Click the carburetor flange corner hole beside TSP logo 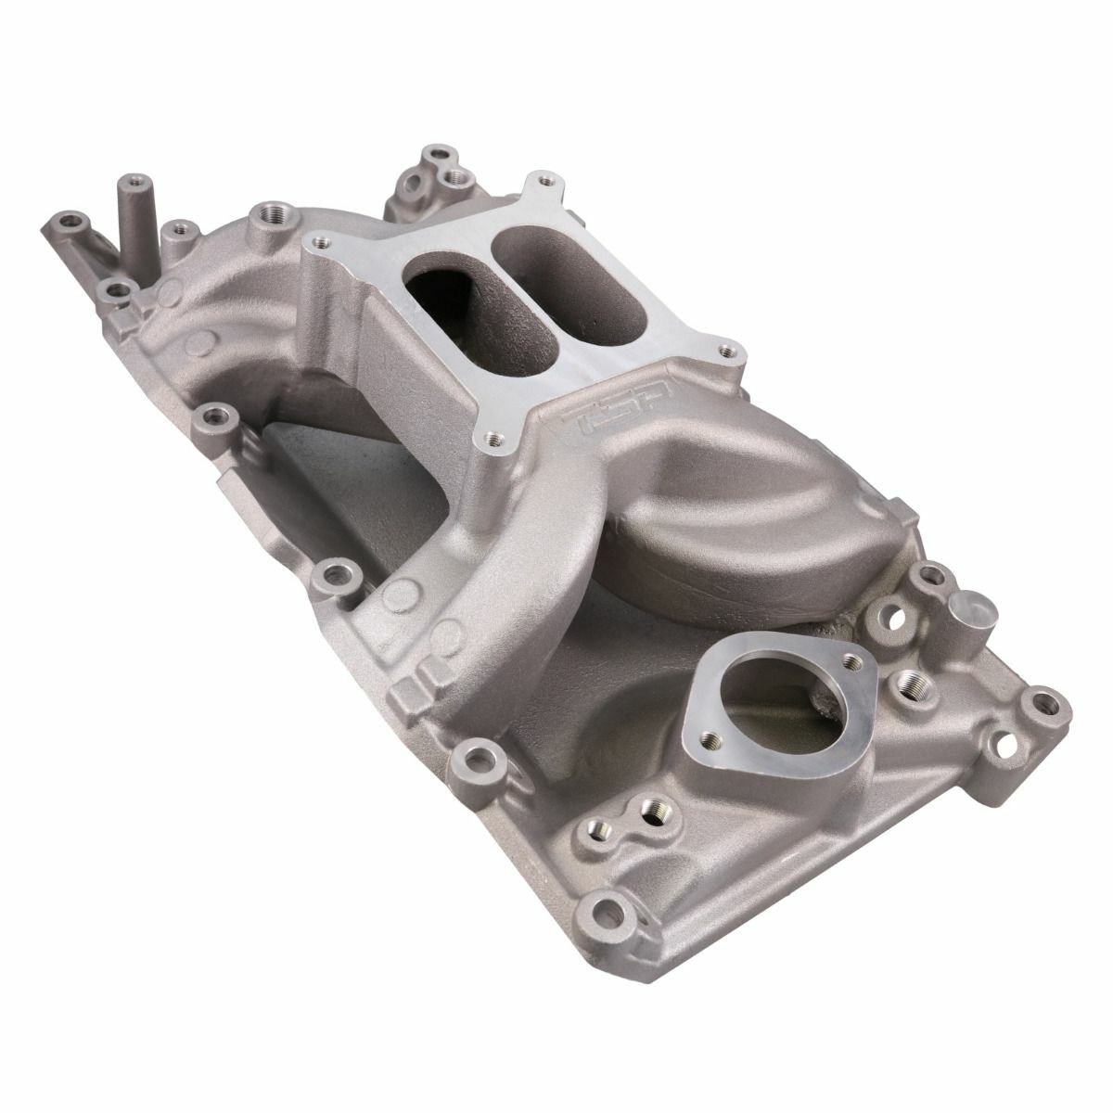point(725,351)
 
